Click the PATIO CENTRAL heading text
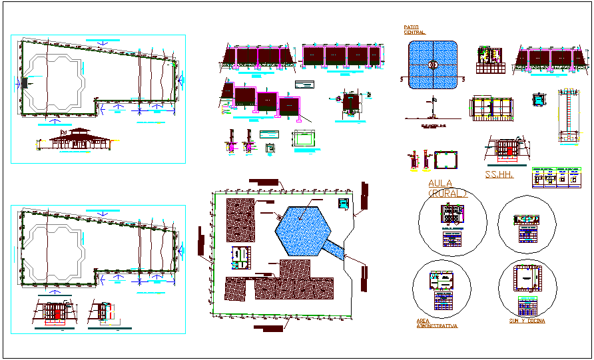point(414,30)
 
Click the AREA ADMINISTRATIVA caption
point(437,323)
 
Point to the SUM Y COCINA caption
point(525,321)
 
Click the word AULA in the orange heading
point(440,183)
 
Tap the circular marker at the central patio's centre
point(434,65)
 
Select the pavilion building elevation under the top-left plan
point(75,140)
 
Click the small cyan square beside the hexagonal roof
point(344,203)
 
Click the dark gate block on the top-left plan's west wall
point(25,83)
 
